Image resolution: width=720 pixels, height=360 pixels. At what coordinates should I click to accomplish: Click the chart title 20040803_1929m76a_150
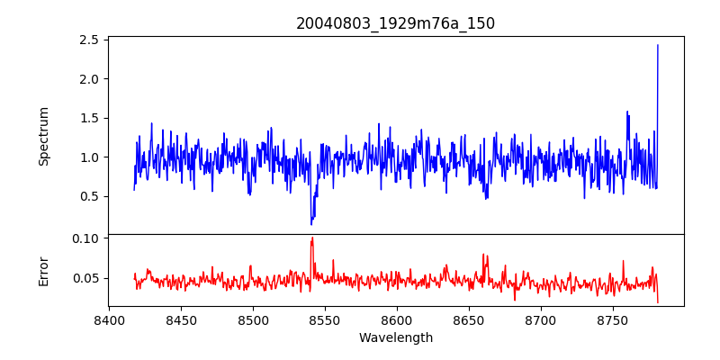pos(395,23)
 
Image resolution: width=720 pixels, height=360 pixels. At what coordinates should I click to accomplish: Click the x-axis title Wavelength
pos(395,338)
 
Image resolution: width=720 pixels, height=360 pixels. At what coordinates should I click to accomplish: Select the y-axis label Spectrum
pos(44,136)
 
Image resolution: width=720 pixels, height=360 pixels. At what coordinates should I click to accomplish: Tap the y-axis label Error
pos(44,270)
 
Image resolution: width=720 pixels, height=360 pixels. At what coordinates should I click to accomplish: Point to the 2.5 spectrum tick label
pos(88,40)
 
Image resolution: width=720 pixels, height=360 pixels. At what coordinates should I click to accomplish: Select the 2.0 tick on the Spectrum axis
pos(88,79)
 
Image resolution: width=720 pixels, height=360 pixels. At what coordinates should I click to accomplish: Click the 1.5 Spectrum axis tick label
pos(88,118)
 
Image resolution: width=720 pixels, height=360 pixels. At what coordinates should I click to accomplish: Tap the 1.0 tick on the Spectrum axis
pos(88,157)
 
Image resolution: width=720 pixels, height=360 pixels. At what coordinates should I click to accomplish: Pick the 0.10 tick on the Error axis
pos(85,238)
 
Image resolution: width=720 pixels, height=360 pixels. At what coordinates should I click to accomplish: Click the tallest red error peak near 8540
pos(311,238)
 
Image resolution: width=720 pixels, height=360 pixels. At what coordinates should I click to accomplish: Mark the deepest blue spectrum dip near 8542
pos(311,223)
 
